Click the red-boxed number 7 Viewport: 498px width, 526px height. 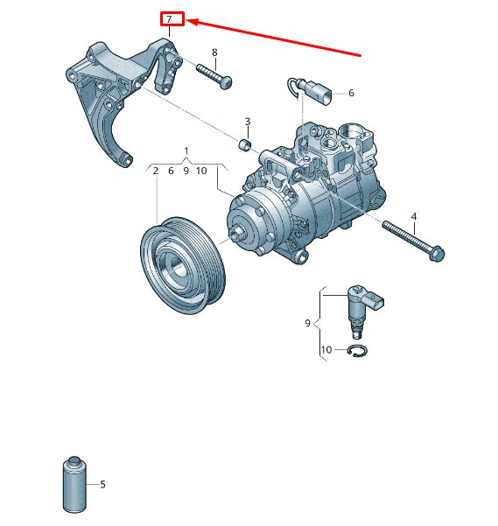[x=171, y=19]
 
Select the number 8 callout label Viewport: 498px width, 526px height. [x=214, y=53]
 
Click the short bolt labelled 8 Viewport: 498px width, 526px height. [x=214, y=76]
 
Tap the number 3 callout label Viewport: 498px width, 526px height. [x=248, y=122]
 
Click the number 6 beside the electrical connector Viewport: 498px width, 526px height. [x=351, y=93]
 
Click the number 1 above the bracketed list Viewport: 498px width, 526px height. [x=186, y=151]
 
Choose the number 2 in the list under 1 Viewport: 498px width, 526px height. [x=156, y=171]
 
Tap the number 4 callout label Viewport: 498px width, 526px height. [x=413, y=216]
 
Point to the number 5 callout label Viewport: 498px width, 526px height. [x=102, y=484]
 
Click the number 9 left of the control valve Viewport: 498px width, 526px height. [x=308, y=323]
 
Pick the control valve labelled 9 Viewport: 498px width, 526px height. [x=358, y=307]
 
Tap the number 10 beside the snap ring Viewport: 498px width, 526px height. [x=326, y=350]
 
